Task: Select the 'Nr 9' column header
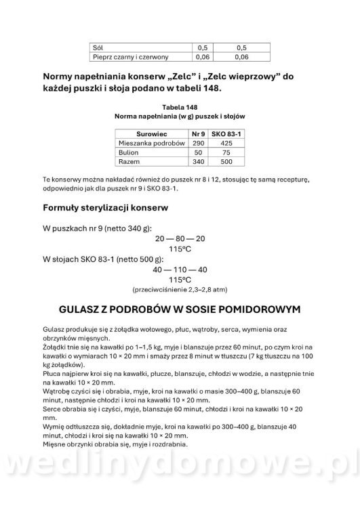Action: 198,134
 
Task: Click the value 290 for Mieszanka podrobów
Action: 198,144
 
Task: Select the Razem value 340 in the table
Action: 198,163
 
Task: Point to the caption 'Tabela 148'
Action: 180,106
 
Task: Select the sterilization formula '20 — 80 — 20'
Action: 180,240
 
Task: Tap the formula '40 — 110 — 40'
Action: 180,269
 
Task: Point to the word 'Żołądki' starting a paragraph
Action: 55,345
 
